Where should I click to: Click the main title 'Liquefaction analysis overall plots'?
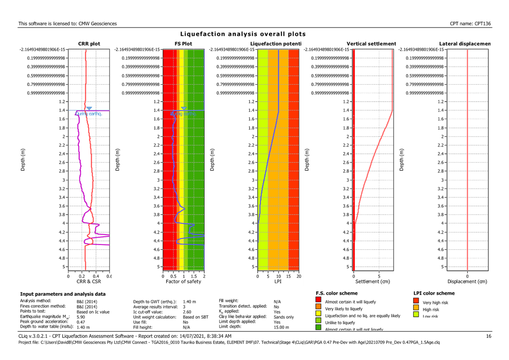[x=243, y=34]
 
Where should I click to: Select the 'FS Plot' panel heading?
[x=183, y=44]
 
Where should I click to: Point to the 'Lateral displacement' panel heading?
[x=464, y=44]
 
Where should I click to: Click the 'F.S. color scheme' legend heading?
[x=337, y=293]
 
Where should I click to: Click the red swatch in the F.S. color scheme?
[x=319, y=302]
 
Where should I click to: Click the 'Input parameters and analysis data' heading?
[x=63, y=294]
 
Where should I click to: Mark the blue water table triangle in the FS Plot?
[x=183, y=109]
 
